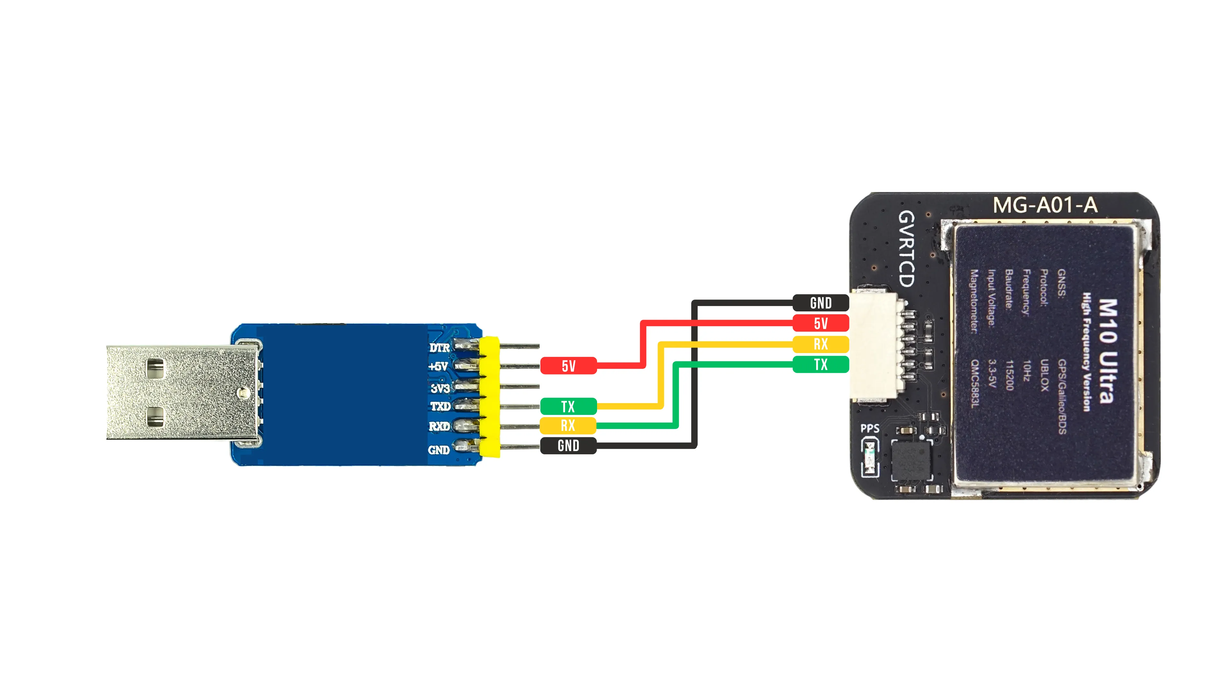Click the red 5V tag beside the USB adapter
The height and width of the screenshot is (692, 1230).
tap(568, 366)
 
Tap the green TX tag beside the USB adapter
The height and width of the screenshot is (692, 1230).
tap(568, 407)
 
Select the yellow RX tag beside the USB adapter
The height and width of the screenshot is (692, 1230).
tap(568, 425)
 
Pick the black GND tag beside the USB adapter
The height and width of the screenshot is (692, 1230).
tap(568, 446)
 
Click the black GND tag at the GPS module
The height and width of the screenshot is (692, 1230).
tap(820, 303)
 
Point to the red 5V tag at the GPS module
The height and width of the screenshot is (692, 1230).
tap(820, 323)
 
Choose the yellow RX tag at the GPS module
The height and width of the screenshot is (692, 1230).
tap(820, 344)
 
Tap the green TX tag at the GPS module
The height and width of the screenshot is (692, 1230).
tap(820, 364)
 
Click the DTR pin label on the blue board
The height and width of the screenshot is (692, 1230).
tap(439, 348)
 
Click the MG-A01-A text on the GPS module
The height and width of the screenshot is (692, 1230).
tap(1045, 205)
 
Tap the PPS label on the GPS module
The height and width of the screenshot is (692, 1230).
tap(870, 428)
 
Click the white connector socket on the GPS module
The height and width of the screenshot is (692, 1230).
tap(874, 344)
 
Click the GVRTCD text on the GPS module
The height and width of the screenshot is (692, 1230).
tap(906, 248)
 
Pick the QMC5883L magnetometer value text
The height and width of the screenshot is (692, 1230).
tap(975, 384)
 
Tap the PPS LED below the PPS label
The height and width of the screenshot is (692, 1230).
tap(870, 457)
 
